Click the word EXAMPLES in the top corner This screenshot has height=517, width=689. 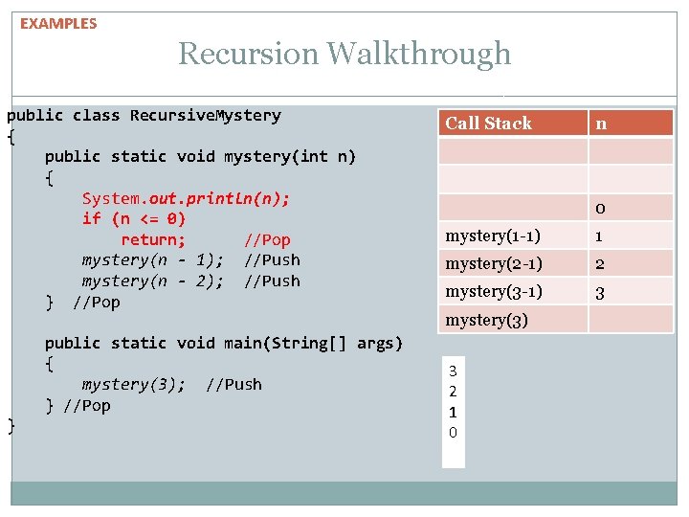[x=58, y=24]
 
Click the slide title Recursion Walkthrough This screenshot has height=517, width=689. [x=344, y=54]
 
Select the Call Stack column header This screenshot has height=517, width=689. [x=488, y=123]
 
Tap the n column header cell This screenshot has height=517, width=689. [x=601, y=123]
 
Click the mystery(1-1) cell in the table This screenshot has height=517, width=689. [x=493, y=236]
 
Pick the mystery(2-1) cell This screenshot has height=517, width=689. [x=494, y=263]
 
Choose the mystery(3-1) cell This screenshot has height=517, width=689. [x=494, y=291]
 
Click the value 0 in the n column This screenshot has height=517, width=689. [x=599, y=209]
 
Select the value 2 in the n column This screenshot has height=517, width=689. [x=599, y=264]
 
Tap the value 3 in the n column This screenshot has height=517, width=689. [x=599, y=292]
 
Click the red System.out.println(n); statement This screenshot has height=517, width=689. [x=186, y=198]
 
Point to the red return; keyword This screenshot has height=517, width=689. [x=153, y=239]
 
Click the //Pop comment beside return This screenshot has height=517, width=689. [x=267, y=239]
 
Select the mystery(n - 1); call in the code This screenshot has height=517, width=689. [x=153, y=260]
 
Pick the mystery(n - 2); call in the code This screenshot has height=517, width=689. [x=153, y=281]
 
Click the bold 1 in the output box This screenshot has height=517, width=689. [x=453, y=412]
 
